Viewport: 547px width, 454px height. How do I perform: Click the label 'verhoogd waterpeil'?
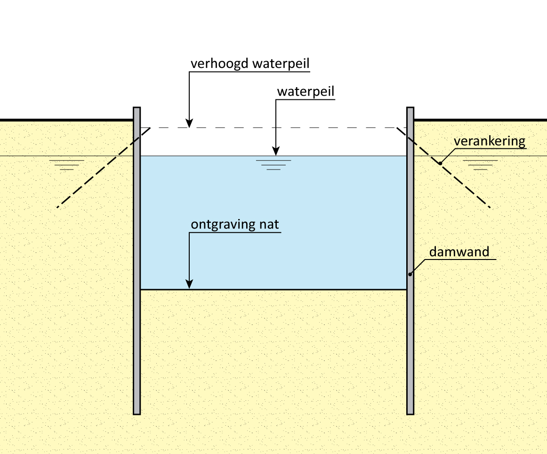250,64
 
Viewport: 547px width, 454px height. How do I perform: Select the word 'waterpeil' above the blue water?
306,91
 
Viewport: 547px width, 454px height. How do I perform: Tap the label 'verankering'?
489,141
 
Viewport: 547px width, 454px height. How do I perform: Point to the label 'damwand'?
459,252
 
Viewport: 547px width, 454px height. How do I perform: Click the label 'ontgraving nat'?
235,225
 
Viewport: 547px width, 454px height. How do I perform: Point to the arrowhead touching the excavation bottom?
189,284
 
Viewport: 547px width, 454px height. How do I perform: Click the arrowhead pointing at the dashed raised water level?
189,123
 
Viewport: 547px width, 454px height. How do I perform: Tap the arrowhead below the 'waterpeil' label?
275,152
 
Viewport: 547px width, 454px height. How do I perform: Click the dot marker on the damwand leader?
410,274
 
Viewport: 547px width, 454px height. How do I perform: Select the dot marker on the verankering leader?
441,163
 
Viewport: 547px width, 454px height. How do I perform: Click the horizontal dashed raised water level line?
273,128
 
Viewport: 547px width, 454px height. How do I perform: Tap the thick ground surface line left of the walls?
66,120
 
